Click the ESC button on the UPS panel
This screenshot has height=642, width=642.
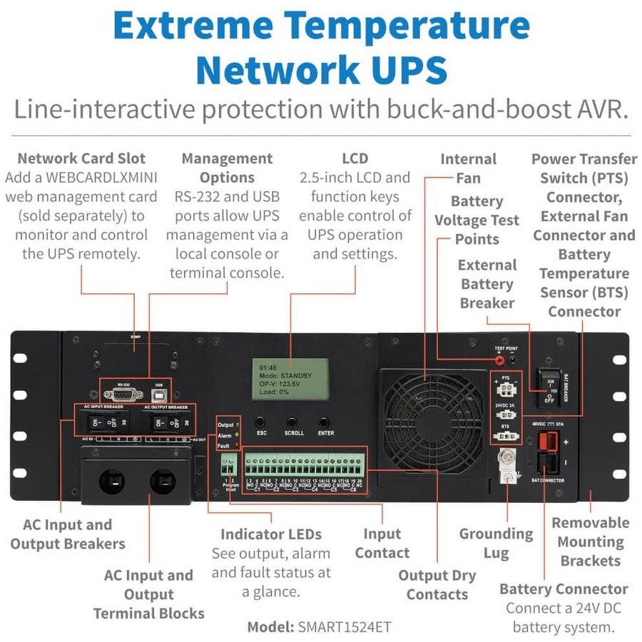[x=260, y=422]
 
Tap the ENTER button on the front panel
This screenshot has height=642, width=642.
[x=325, y=422]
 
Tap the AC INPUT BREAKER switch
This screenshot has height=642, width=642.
[x=106, y=421]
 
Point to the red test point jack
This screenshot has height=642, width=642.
[x=500, y=362]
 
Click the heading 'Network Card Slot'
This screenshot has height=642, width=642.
[x=81, y=158]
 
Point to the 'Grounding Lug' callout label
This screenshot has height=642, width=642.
[x=496, y=543]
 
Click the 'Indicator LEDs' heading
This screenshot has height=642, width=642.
[x=271, y=534]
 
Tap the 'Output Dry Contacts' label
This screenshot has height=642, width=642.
[x=437, y=585]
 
